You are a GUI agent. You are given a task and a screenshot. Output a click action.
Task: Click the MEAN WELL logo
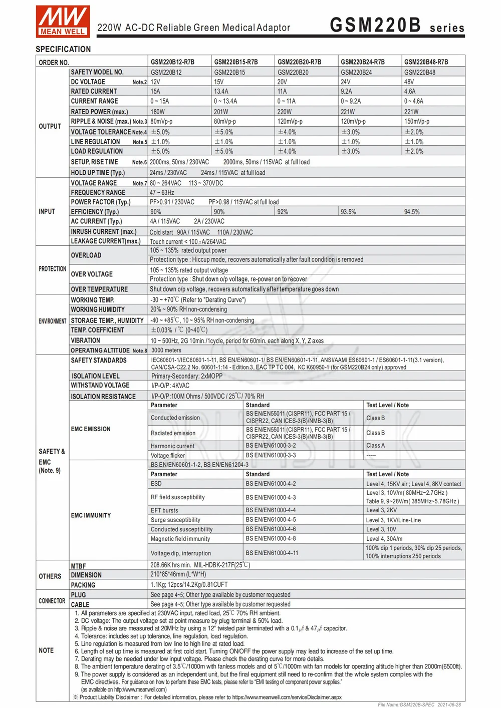63,22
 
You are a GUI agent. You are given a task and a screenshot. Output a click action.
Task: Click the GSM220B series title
397,25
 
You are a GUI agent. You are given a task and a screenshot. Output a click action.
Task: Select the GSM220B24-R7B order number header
363,62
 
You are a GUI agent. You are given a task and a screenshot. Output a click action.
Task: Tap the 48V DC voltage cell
409,82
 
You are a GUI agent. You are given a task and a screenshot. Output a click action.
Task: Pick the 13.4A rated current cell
221,92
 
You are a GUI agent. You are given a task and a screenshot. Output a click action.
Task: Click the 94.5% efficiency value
412,212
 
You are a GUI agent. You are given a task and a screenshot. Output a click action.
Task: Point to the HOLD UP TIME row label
98,173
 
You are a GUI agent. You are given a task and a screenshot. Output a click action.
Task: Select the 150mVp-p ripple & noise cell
417,122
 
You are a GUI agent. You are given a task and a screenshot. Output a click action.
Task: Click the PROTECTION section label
52,269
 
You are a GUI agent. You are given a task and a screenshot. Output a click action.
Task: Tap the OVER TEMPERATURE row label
99,289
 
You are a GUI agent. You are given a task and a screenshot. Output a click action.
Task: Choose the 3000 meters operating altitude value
166,350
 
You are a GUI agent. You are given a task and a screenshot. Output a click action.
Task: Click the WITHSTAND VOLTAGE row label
100,386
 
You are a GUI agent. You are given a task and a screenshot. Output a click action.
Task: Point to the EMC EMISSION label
91,429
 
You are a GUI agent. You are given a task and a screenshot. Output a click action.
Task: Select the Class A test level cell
375,446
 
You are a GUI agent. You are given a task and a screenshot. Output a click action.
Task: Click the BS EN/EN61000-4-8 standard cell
271,539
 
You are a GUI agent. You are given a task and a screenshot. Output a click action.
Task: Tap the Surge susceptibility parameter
175,520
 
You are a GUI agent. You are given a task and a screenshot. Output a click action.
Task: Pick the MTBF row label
78,566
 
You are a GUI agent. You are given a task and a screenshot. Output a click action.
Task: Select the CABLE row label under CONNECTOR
80,604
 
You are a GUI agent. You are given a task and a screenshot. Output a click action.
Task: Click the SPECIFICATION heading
63,49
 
